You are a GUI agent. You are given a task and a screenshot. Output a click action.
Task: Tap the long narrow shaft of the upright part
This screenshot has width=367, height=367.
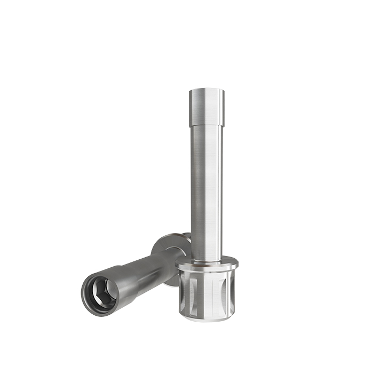coord(206,192)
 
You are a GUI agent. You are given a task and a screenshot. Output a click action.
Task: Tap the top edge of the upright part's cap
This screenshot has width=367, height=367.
coord(206,90)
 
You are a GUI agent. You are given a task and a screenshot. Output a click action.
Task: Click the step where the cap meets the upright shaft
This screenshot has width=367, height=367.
coord(206,126)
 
